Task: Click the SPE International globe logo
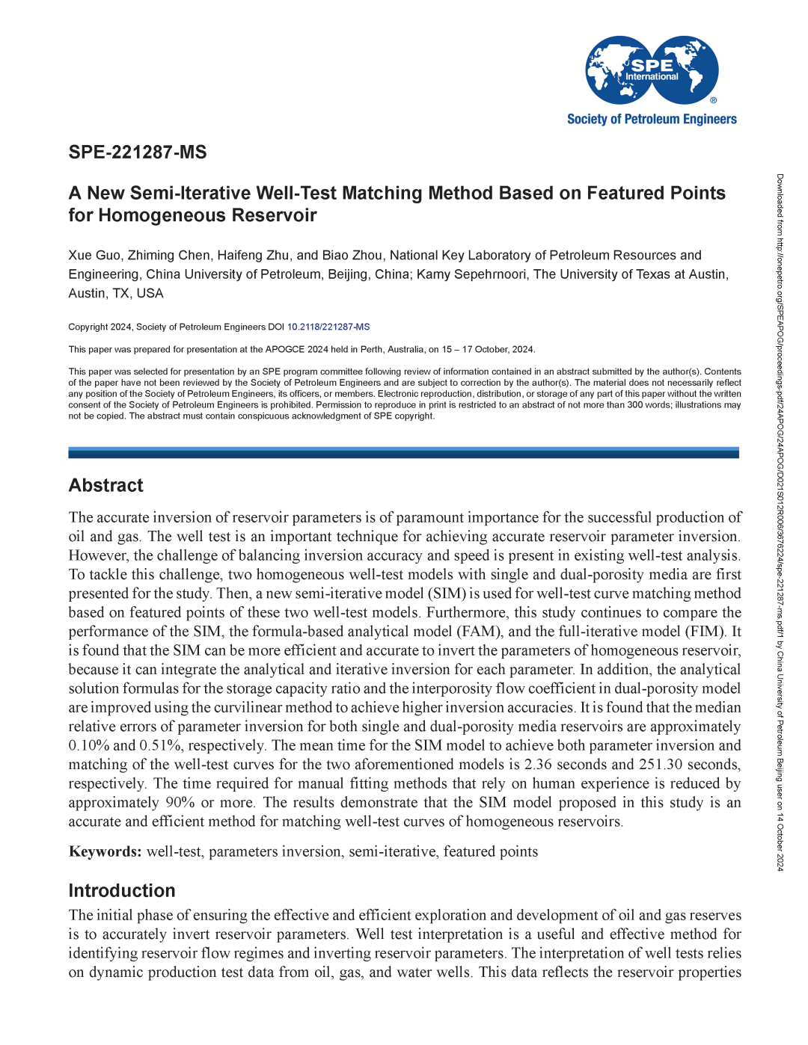[652, 70]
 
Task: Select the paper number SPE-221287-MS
[138, 152]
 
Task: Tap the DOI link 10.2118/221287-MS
[328, 327]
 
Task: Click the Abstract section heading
[106, 486]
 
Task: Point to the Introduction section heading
[122, 891]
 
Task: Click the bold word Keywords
[105, 852]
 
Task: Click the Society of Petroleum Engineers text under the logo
[652, 120]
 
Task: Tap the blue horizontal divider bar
[403, 453]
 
